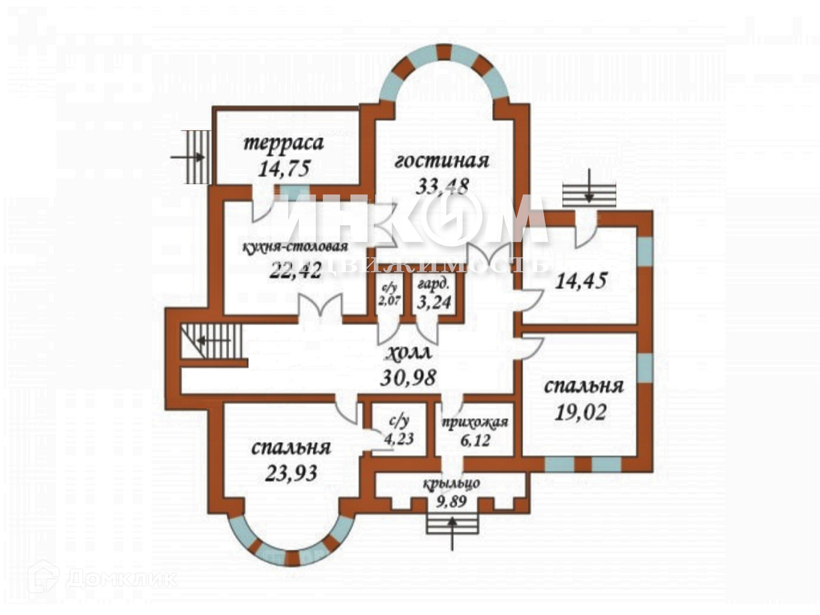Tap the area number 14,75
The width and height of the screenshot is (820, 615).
284,168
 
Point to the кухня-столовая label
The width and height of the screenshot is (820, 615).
295,247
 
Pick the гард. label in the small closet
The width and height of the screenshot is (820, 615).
433,284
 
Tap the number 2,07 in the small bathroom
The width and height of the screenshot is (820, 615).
389,300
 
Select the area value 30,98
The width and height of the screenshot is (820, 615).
408,378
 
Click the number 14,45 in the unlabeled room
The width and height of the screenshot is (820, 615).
581,281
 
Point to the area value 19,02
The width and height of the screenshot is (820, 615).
581,413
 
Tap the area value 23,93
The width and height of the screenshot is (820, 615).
291,473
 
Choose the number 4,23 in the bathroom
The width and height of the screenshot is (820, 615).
398,439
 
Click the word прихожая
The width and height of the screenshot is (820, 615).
475,422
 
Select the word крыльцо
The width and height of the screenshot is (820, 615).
452,483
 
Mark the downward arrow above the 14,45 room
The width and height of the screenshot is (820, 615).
589,186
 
